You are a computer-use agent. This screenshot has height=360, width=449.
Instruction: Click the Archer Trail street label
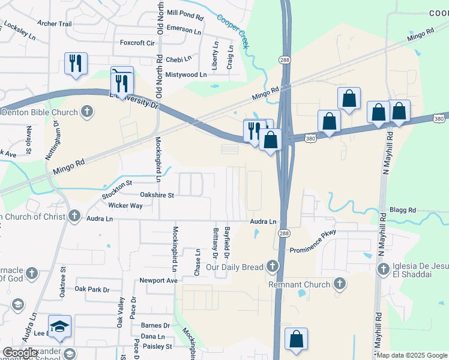tap(54, 24)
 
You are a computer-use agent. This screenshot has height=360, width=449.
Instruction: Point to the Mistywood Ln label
tap(185, 75)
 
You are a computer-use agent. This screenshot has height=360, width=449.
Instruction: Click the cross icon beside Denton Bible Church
tap(87, 112)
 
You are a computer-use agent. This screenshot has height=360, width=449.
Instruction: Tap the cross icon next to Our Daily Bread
tap(273, 266)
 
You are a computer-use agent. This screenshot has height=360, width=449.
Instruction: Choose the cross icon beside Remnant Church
tap(339, 284)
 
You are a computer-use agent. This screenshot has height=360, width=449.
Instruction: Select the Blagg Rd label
tap(402, 211)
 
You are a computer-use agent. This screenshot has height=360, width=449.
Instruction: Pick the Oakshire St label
tap(157, 195)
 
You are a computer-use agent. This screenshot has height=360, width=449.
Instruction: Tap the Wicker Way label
tap(125, 205)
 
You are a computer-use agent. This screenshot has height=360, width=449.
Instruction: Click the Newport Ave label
tap(158, 280)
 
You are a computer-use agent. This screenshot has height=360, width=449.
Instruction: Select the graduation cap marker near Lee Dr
tap(60, 326)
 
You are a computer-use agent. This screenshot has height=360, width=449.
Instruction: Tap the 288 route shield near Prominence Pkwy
tap(285, 233)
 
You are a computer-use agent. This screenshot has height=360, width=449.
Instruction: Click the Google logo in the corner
tap(20, 353)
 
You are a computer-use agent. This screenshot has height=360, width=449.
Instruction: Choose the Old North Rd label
tap(160, 25)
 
